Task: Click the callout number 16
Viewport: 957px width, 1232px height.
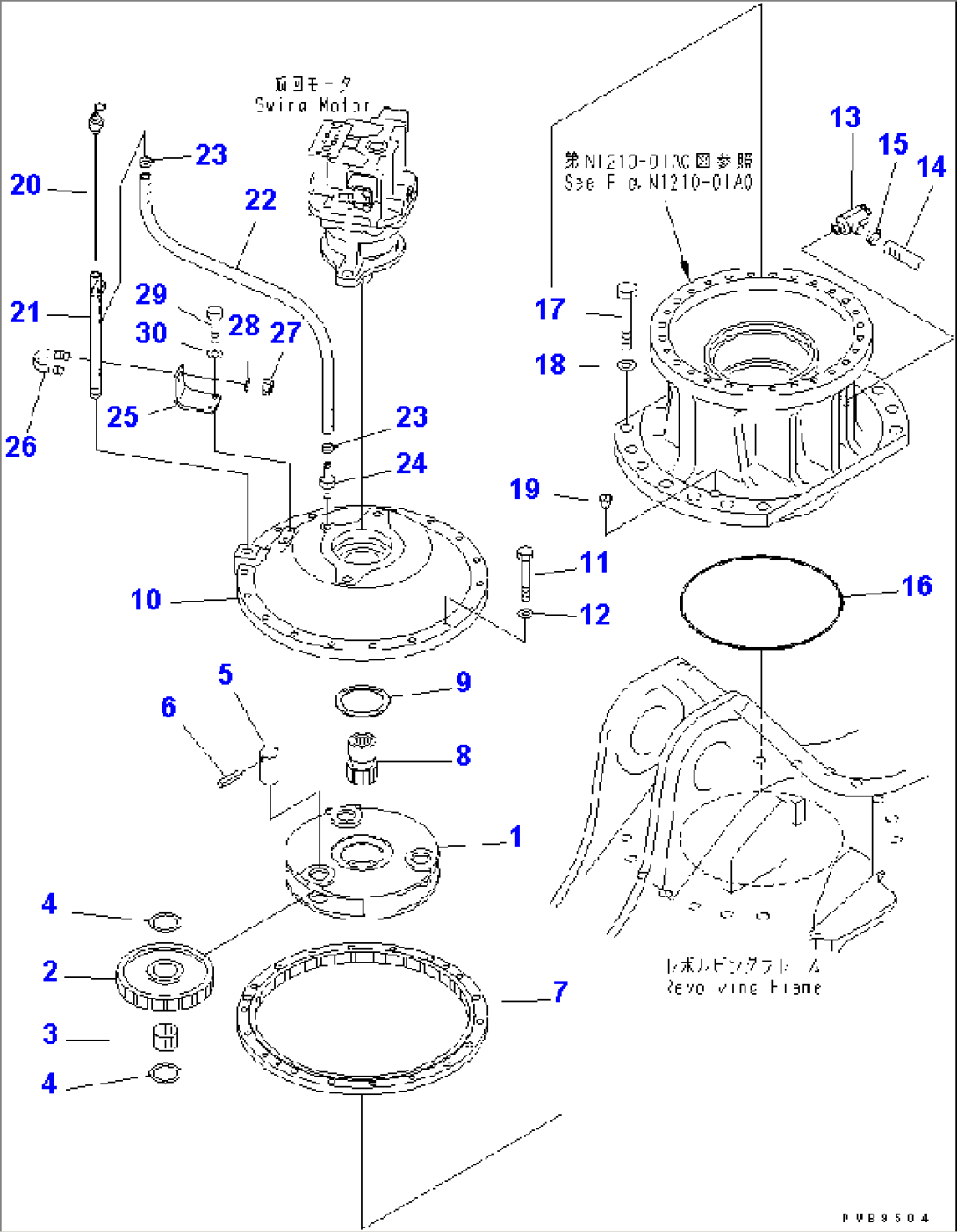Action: tap(917, 587)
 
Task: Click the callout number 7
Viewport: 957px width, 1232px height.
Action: tap(560, 992)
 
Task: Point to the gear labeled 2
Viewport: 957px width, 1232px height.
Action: tap(164, 979)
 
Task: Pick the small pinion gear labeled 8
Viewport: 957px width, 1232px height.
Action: tap(360, 759)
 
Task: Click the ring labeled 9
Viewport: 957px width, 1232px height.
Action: tap(363, 701)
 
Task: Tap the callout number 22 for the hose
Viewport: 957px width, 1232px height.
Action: tap(260, 200)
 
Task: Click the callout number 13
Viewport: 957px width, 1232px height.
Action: tap(845, 119)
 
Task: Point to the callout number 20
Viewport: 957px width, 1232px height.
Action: tap(25, 185)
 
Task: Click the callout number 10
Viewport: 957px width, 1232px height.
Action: tap(146, 600)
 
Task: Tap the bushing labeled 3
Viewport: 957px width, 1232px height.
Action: tap(165, 1035)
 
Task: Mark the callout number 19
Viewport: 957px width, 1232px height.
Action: tap(525, 489)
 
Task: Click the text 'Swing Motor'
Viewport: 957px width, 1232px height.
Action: tap(313, 105)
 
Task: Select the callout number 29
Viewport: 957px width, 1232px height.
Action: tap(151, 294)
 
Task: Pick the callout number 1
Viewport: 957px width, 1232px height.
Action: tap(515, 837)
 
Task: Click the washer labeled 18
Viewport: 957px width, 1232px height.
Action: tap(624, 364)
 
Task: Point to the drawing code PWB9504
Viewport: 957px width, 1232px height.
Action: tap(884, 1219)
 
